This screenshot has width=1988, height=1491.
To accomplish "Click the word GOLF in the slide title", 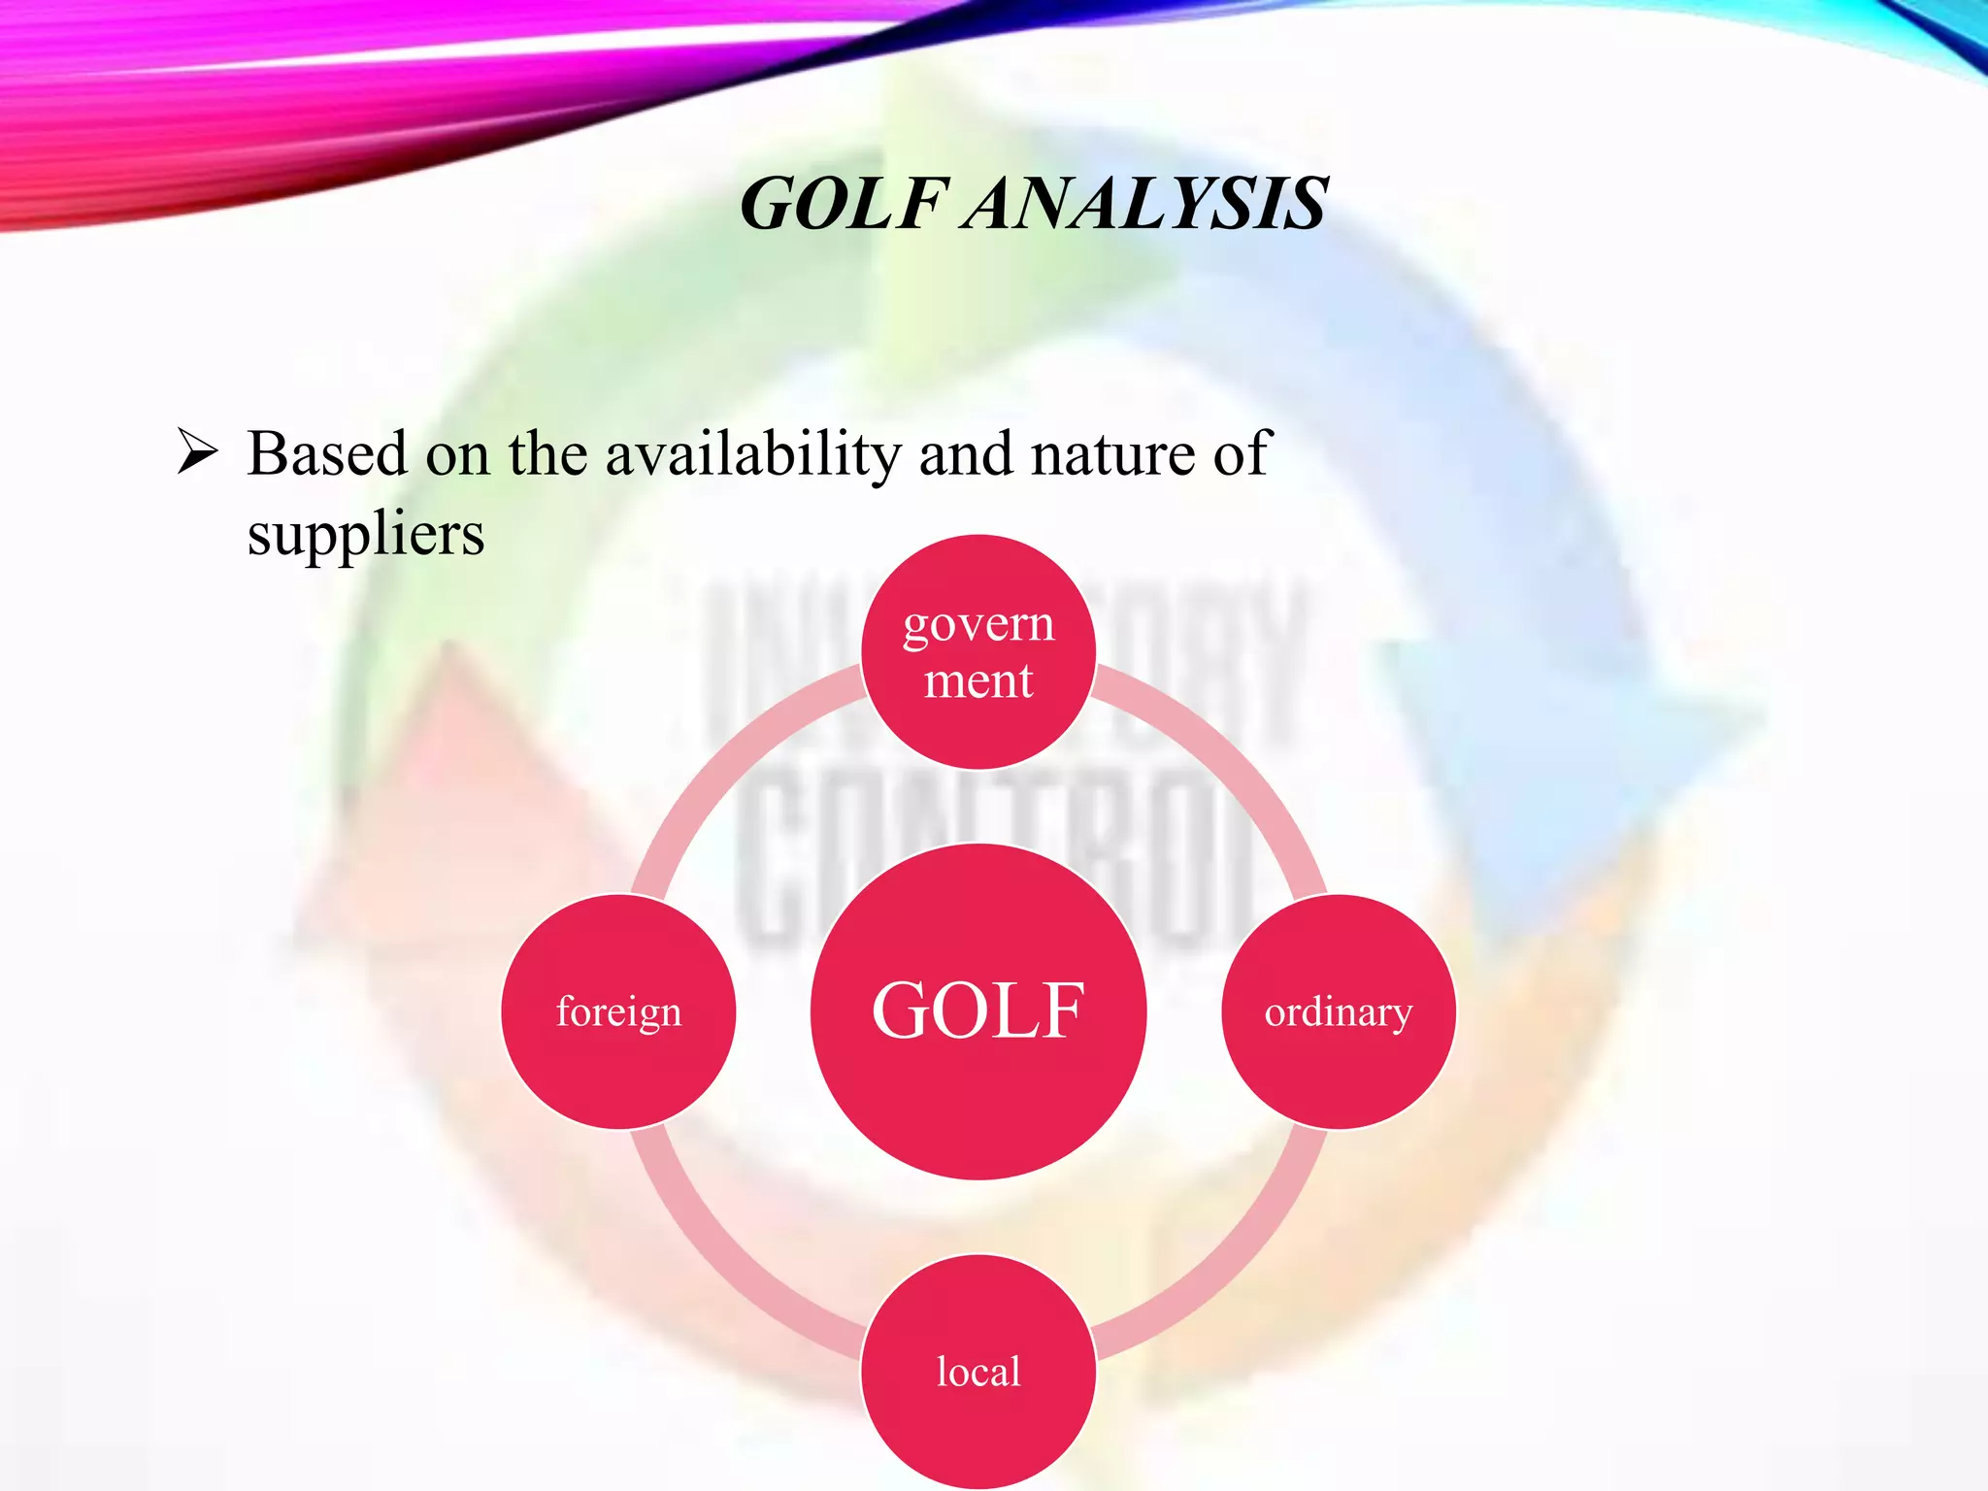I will click(841, 205).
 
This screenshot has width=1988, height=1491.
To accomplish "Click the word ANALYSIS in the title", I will click(1145, 205).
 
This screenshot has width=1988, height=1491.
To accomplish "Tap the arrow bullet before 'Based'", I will click(197, 453).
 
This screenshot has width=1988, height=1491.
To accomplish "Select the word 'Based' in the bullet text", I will click(327, 453).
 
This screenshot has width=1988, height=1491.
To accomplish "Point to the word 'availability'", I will click(753, 455).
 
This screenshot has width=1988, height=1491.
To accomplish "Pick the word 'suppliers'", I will click(365, 535).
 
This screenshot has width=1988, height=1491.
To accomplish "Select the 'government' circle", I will click(978, 651).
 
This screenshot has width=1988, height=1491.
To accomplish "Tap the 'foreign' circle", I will click(618, 1011).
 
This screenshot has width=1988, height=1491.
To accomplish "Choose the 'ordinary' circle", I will click(1338, 1011).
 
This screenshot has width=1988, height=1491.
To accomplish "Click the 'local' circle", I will click(978, 1371).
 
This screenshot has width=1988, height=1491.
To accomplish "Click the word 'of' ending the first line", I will click(1242, 453).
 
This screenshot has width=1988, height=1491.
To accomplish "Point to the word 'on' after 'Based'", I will click(457, 455).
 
